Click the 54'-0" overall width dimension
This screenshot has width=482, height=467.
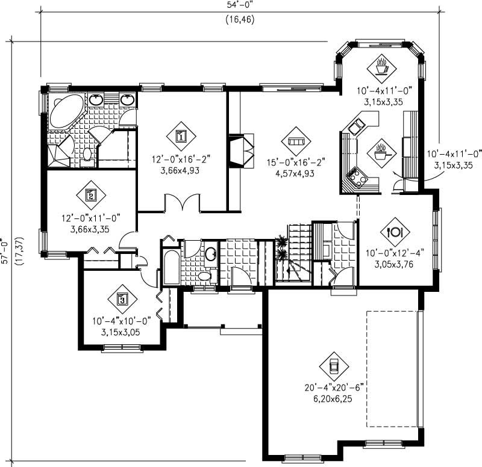point(241,5)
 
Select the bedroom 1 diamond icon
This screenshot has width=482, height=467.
point(181,136)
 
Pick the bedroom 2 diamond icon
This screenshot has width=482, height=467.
point(90,194)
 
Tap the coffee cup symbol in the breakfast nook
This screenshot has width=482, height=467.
point(381,65)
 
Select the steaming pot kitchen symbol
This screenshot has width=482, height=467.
point(380,152)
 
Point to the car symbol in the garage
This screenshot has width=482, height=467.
point(333,365)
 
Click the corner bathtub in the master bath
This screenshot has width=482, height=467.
point(66,111)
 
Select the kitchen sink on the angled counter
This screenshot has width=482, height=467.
point(355,126)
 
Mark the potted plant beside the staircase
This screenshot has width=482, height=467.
point(280,247)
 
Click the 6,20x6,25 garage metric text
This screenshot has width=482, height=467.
point(334,398)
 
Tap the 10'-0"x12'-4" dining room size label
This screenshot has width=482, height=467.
point(395,253)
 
